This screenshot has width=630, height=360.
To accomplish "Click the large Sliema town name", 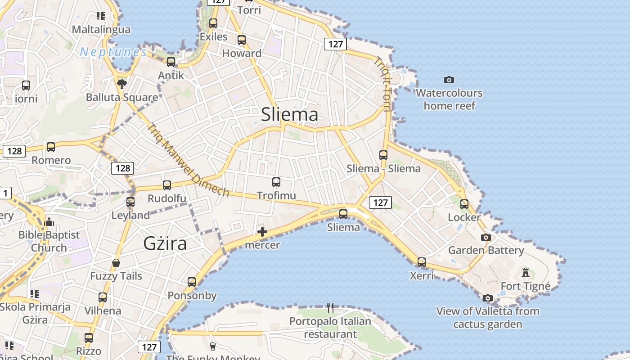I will [x=289, y=114].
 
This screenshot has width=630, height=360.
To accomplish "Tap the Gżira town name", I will [x=165, y=243].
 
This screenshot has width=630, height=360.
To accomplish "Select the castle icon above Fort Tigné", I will [x=525, y=272].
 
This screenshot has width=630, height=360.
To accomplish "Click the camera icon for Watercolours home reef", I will [x=449, y=80].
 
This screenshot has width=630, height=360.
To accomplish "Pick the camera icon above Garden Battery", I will [x=486, y=237].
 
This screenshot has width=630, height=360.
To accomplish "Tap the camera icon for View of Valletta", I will [x=487, y=298].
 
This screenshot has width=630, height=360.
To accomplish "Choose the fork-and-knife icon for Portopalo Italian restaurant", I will [x=330, y=308].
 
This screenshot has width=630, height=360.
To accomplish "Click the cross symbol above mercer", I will [x=262, y=232].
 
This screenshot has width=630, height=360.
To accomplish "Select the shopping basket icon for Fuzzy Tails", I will [x=116, y=263].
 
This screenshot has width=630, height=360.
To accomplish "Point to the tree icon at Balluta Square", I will [x=121, y=84].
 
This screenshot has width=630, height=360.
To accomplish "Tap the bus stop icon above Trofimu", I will [x=276, y=182].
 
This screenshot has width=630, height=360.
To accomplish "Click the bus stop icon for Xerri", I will [x=422, y=262].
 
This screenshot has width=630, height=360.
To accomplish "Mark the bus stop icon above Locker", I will [x=464, y=204].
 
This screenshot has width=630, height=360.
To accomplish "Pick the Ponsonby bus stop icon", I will [x=192, y=282].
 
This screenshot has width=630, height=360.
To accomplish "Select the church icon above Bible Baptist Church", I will [x=49, y=222].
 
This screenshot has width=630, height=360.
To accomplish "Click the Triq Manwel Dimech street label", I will [x=188, y=160].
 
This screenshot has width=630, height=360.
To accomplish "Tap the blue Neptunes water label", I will [x=113, y=53].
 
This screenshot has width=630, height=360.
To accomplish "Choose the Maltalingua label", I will [x=101, y=30].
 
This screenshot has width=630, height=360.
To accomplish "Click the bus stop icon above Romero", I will [x=51, y=147].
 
